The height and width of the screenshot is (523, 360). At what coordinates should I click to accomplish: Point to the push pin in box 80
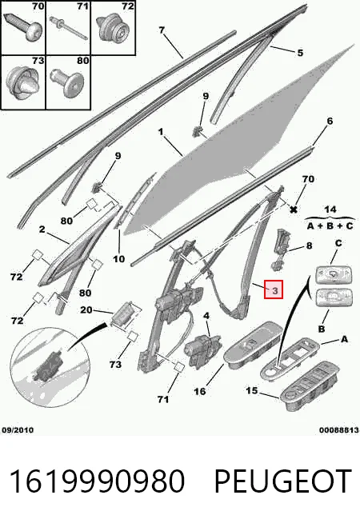coord(66,82)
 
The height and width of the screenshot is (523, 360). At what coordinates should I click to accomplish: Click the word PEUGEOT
coord(282,481)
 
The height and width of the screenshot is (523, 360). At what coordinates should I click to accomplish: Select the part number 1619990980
coord(97,481)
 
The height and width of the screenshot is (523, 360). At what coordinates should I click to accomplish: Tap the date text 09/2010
coord(18,430)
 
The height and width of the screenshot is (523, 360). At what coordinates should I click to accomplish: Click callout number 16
coord(199,391)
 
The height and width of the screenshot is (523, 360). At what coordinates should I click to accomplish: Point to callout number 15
coord(252,390)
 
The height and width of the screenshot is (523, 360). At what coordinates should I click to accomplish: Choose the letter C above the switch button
coord(338,243)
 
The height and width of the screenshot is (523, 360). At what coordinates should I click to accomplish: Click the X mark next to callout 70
coord(294,210)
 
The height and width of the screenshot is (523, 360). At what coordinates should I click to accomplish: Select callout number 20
coord(86,309)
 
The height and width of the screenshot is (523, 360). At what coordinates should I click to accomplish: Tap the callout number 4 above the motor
coord(206,315)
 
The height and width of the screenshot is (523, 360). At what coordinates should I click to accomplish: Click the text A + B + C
coord(330,226)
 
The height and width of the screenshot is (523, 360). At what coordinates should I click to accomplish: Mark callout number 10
coord(118,259)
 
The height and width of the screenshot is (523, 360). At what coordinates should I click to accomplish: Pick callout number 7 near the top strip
coord(162,30)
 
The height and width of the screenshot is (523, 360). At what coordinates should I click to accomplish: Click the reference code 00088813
coord(338,430)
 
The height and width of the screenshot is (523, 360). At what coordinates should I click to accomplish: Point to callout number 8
coord(309,246)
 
